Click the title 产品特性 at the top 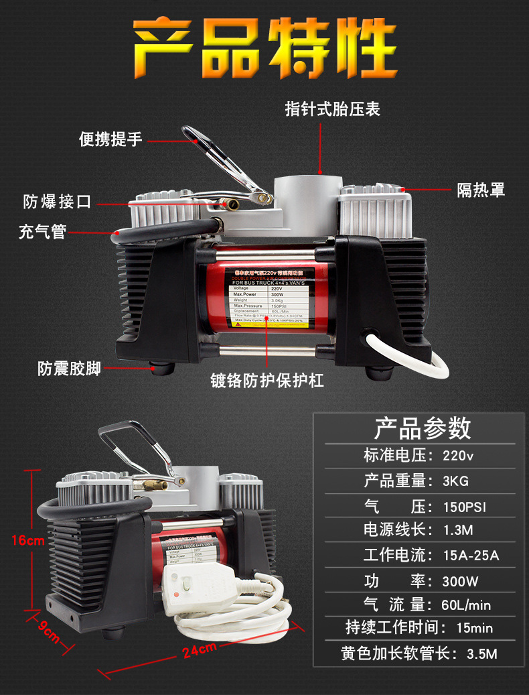264,49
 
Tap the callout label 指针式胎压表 333,109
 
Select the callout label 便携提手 111,139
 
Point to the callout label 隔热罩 481,190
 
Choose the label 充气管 42,232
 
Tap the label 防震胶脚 69,368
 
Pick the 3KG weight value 455,481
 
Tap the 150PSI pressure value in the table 464,507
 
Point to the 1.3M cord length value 458,531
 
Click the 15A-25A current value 471,556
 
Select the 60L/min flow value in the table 466,605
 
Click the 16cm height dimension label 27,541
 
